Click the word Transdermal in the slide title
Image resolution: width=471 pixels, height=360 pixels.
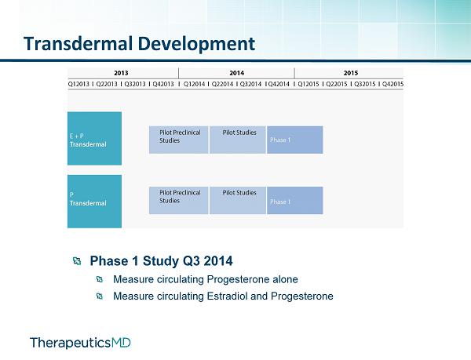pos(78,43)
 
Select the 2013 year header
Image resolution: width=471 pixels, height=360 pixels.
pos(121,73)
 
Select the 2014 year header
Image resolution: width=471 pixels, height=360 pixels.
pos(237,73)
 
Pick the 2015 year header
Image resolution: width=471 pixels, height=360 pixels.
pos(351,73)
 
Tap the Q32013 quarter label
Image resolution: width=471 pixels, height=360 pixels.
pos(135,84)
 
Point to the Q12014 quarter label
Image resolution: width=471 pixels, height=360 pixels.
pos(194,84)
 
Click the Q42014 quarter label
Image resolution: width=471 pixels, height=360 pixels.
pos(279,84)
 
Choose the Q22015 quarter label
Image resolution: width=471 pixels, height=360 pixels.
pos(337,84)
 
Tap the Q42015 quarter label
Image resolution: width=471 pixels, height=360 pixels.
pos(393,84)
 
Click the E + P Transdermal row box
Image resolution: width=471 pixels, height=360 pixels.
pos(95,138)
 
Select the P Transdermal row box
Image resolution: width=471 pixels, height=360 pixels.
pos(95,202)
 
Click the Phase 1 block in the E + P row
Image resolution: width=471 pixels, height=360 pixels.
pos(295,140)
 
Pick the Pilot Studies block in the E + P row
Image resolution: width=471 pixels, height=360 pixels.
pos(238,140)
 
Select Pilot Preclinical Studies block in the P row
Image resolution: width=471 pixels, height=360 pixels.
pos(179,201)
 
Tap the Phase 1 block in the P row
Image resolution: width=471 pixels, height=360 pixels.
pos(295,201)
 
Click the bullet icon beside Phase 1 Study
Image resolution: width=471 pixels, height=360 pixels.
pos(77,260)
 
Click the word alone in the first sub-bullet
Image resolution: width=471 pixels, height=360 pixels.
pos(285,279)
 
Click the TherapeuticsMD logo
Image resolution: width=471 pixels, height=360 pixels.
pos(80,343)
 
